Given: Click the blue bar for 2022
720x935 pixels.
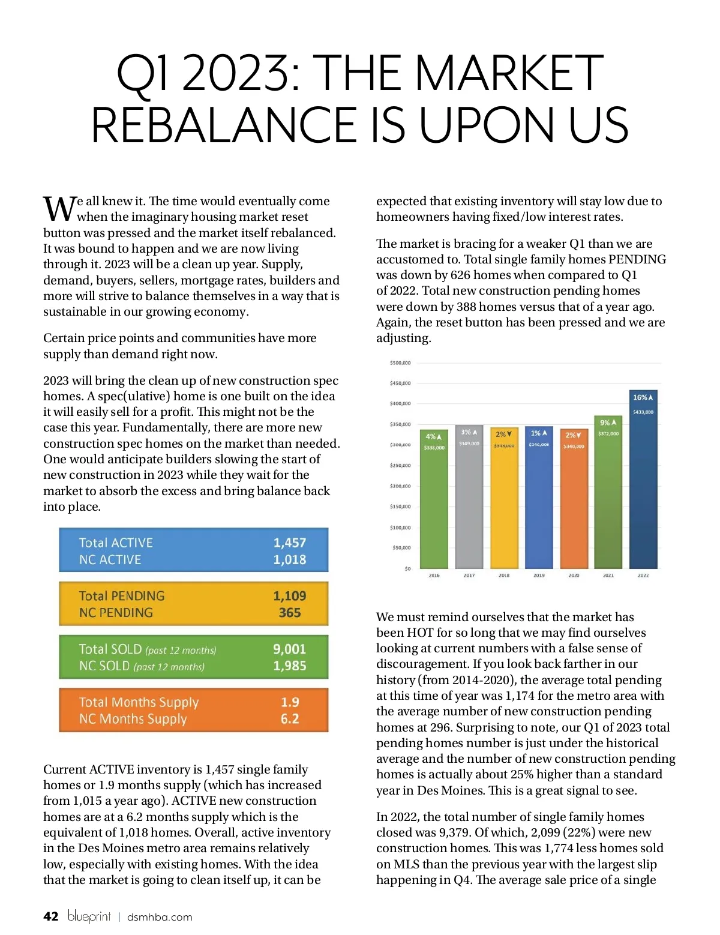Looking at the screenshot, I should (x=643, y=486).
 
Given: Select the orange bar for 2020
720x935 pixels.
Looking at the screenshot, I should (x=574, y=504).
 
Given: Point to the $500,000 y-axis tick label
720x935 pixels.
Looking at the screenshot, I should (x=400, y=363).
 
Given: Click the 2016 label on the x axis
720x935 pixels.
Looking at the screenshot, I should (x=434, y=576).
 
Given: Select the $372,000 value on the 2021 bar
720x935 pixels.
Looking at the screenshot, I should (x=608, y=433).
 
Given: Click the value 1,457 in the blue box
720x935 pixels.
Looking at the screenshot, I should (x=290, y=543).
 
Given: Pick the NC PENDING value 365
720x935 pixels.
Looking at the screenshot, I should (x=290, y=613).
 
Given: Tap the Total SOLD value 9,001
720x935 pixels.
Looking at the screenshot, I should (x=290, y=649).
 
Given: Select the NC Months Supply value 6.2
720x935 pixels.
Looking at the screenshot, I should (x=290, y=719).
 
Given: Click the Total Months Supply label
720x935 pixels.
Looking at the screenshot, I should (x=139, y=702).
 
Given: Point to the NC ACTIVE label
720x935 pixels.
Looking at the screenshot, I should (x=110, y=560).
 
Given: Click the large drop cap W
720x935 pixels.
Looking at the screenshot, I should (x=59, y=208).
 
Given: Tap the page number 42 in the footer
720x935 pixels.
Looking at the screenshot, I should (x=51, y=916).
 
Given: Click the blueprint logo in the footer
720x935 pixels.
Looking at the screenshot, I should (x=89, y=916).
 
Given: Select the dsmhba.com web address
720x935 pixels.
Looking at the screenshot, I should (x=160, y=917).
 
